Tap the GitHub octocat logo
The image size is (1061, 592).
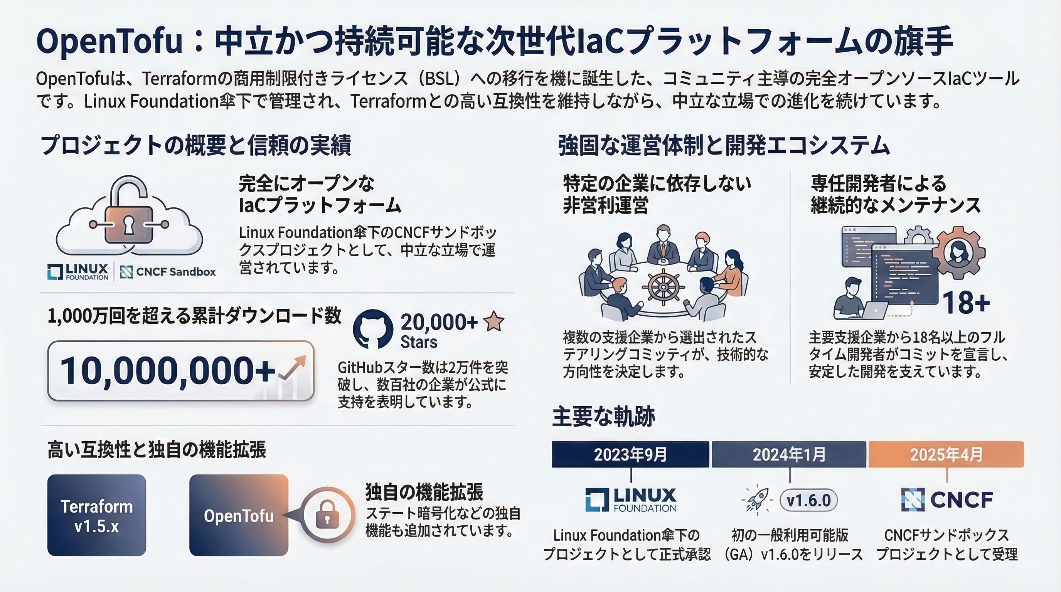(x=373, y=328)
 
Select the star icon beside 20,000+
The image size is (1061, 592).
(x=493, y=321)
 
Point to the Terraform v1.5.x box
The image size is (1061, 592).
(x=97, y=515)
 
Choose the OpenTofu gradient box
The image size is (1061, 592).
(x=239, y=515)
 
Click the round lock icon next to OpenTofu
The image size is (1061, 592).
(x=327, y=515)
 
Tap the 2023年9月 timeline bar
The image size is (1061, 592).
(x=630, y=454)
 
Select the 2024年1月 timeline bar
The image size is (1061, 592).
(x=789, y=454)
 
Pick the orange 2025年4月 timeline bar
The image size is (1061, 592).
(x=946, y=454)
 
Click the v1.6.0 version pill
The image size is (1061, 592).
(x=808, y=501)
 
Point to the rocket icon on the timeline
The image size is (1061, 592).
(x=757, y=501)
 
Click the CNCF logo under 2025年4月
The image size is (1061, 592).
(x=947, y=500)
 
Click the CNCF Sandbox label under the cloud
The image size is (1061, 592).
(x=168, y=272)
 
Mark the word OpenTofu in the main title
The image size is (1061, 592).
(x=109, y=41)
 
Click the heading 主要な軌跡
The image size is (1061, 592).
(x=603, y=416)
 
